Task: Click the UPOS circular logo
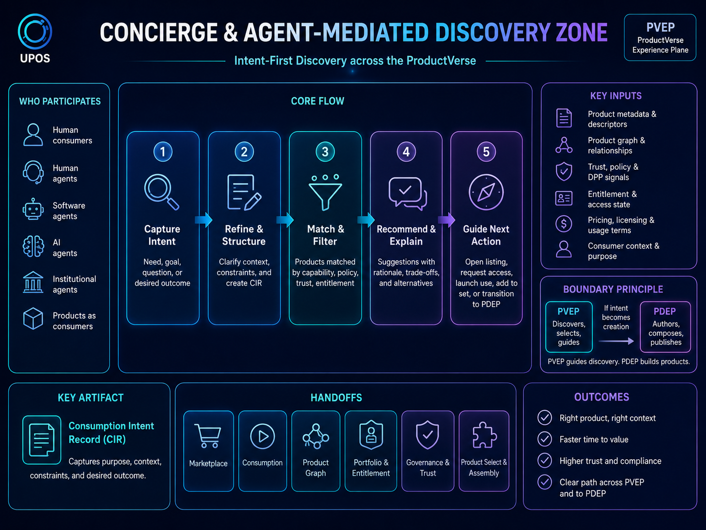pos(35,32)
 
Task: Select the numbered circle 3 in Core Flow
pos(325,152)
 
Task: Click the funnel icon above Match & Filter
pos(325,192)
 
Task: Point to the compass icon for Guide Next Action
pos(486,192)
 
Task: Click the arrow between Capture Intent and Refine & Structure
pos(204,220)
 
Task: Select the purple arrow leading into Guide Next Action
pos(447,220)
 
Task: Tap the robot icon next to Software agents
pos(33,209)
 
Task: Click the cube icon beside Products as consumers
pos(33,319)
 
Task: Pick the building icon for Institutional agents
pos(33,282)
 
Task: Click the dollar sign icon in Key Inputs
pos(564,224)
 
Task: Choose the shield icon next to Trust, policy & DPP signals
pos(564,171)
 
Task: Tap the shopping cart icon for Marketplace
pos(208,436)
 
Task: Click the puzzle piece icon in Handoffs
pos(484,435)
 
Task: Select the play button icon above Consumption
pos(262,436)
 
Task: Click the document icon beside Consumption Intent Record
pos(42,440)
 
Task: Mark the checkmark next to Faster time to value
pos(545,439)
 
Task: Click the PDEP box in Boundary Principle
pos(665,327)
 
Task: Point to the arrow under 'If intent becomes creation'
pos(616,341)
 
